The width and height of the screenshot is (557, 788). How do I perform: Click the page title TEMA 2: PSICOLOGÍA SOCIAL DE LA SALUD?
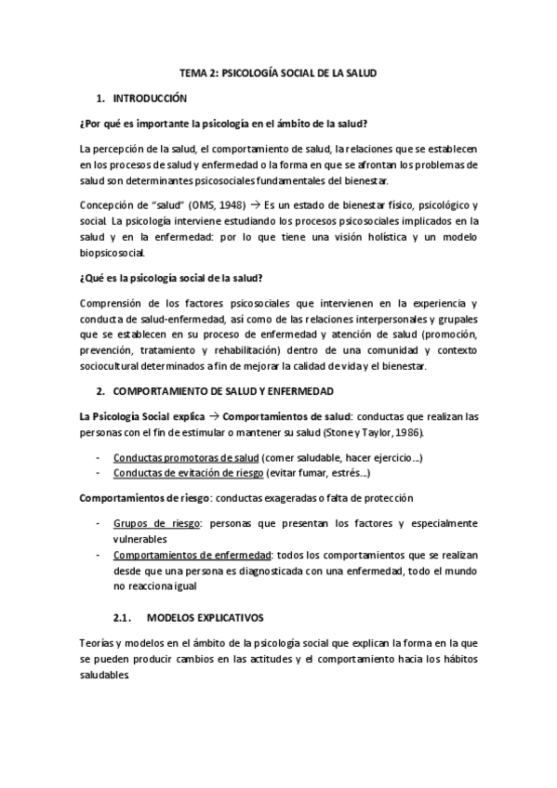coord(278,73)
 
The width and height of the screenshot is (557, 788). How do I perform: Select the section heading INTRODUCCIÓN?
coord(150,98)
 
